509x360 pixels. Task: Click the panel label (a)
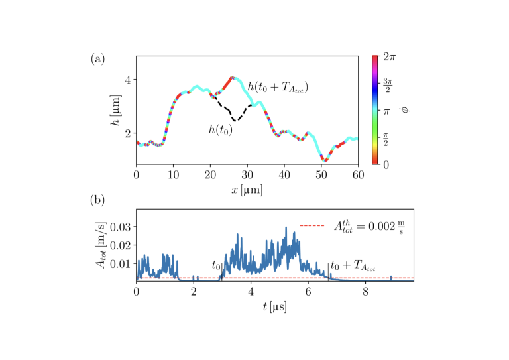[97, 60]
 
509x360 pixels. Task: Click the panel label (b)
[97, 198]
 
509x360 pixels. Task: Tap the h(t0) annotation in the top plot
[221, 130]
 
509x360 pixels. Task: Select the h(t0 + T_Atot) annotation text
[278, 87]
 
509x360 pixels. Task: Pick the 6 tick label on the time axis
[308, 292]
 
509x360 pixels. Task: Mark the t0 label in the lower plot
[216, 265]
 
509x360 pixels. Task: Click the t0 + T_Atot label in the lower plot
[353, 268]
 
